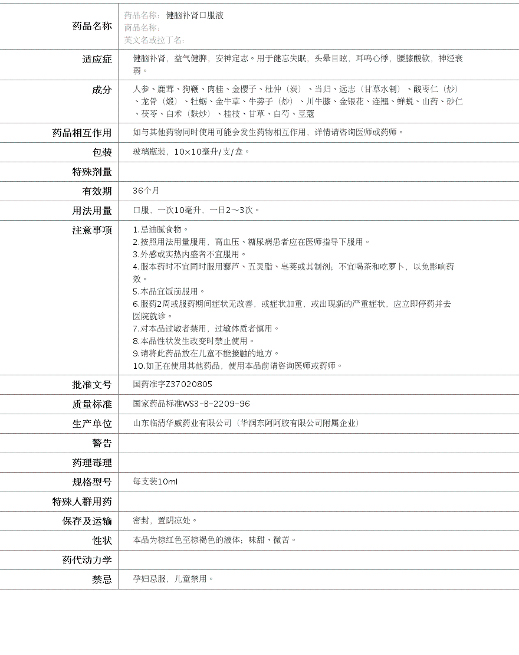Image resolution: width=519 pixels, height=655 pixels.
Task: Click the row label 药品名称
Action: click(x=91, y=26)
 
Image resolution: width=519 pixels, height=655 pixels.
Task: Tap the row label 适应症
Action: click(x=97, y=59)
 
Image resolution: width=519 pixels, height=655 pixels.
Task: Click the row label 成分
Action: click(x=101, y=90)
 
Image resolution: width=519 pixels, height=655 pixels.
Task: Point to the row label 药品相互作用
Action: click(x=82, y=133)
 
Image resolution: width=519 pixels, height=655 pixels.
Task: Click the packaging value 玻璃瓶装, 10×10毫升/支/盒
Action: click(x=191, y=152)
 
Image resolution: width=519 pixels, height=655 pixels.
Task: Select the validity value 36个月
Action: click(x=146, y=191)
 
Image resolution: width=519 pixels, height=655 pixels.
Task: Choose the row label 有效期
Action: click(x=97, y=191)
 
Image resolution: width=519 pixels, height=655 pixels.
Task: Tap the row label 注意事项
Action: click(x=91, y=230)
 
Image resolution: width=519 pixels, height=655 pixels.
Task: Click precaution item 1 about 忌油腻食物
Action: click(x=160, y=230)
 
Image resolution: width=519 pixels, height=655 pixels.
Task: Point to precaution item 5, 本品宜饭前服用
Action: click(x=169, y=292)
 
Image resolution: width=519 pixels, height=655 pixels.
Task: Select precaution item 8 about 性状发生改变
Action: click(x=193, y=341)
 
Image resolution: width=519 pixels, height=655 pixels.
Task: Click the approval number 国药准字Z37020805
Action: click(x=172, y=384)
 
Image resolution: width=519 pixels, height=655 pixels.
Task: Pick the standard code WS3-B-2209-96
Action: click(x=216, y=404)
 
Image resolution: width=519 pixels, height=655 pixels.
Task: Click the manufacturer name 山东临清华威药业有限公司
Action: click(x=182, y=423)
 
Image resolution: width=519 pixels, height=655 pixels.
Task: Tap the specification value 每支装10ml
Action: click(x=155, y=482)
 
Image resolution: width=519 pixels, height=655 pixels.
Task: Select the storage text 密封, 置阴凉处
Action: click(x=165, y=520)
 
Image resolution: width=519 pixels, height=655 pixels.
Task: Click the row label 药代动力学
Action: click(x=87, y=560)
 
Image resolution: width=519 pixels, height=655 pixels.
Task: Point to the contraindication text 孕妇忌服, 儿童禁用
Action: click(x=173, y=579)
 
